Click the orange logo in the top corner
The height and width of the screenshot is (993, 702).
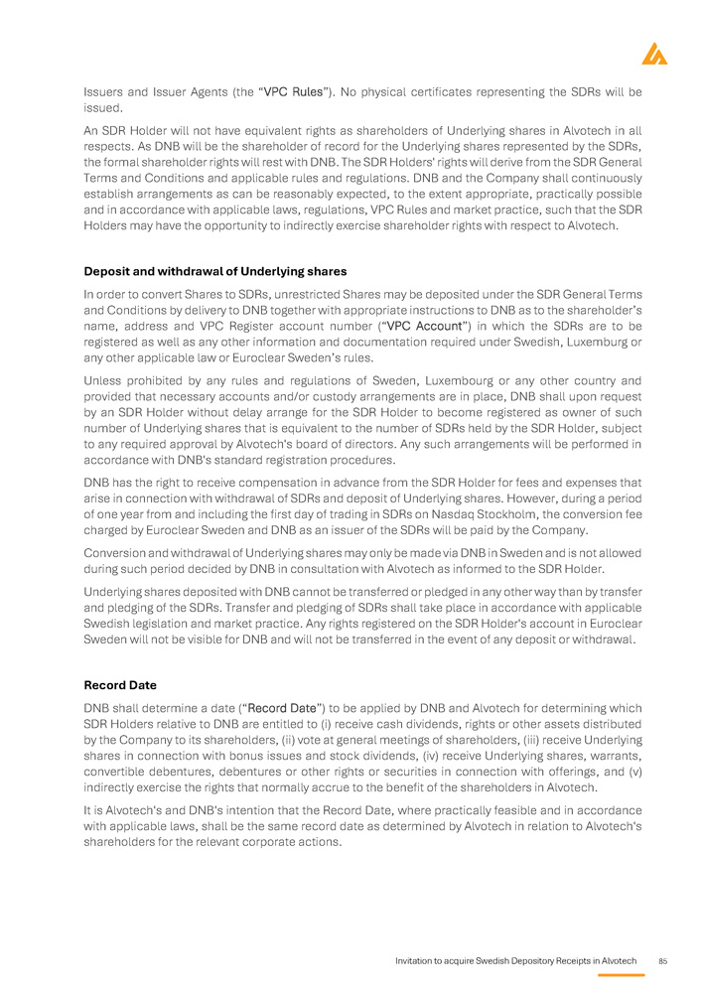pyautogui.click(x=654, y=55)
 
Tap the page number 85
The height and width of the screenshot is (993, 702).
pyautogui.click(x=663, y=961)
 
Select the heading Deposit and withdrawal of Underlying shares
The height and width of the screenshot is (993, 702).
pyautogui.click(x=214, y=271)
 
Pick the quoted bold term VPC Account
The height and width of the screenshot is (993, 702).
pyautogui.click(x=426, y=326)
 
